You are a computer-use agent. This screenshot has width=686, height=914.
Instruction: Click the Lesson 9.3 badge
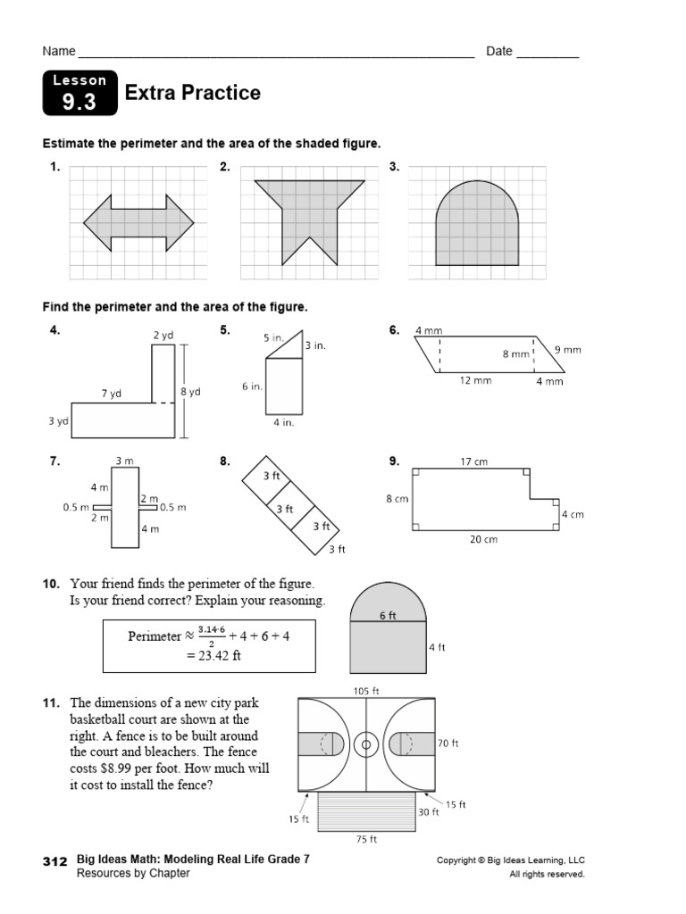79,94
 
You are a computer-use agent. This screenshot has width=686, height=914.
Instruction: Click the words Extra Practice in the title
193,93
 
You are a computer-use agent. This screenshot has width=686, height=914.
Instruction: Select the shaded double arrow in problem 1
138,222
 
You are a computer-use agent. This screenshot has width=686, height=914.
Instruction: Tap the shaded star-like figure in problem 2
309,214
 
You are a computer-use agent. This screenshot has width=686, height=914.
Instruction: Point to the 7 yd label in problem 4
111,394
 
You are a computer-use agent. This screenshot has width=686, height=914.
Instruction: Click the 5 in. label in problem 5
273,338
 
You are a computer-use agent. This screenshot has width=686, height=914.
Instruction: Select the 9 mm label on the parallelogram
568,350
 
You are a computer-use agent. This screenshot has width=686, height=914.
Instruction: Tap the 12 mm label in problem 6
476,381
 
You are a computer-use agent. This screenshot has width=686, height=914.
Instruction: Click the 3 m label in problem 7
124,461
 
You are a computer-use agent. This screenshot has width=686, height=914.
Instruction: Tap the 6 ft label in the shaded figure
388,615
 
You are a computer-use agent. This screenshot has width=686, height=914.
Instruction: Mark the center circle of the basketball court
364,744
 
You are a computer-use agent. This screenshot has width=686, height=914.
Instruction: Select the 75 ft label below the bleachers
367,839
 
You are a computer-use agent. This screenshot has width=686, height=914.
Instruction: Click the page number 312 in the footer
55,862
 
